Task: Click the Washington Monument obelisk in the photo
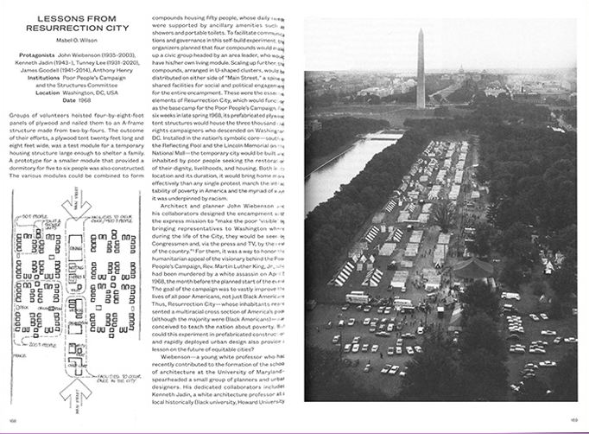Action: tap(421, 69)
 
